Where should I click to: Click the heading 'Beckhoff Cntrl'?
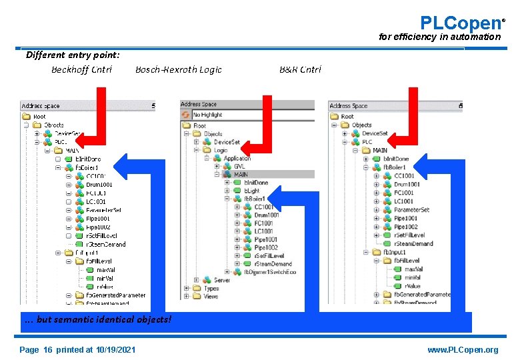(x=81, y=69)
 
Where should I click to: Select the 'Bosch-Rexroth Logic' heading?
(x=178, y=69)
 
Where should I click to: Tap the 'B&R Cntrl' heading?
(x=300, y=69)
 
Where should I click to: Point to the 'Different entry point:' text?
(x=73, y=55)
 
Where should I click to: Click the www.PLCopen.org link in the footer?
(x=463, y=350)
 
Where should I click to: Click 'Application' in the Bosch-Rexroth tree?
(x=237, y=158)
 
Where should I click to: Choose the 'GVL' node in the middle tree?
(x=239, y=167)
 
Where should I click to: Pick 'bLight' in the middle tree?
(x=251, y=191)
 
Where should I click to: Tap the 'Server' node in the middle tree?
(x=221, y=280)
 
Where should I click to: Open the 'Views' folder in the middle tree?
(x=211, y=297)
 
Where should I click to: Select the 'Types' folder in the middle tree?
(x=211, y=288)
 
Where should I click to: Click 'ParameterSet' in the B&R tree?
(x=411, y=209)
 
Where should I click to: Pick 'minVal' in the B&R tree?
(x=412, y=277)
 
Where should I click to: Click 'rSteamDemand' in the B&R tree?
(x=413, y=243)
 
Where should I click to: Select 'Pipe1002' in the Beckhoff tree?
(x=98, y=227)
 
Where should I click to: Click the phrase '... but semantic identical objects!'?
(x=98, y=319)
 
